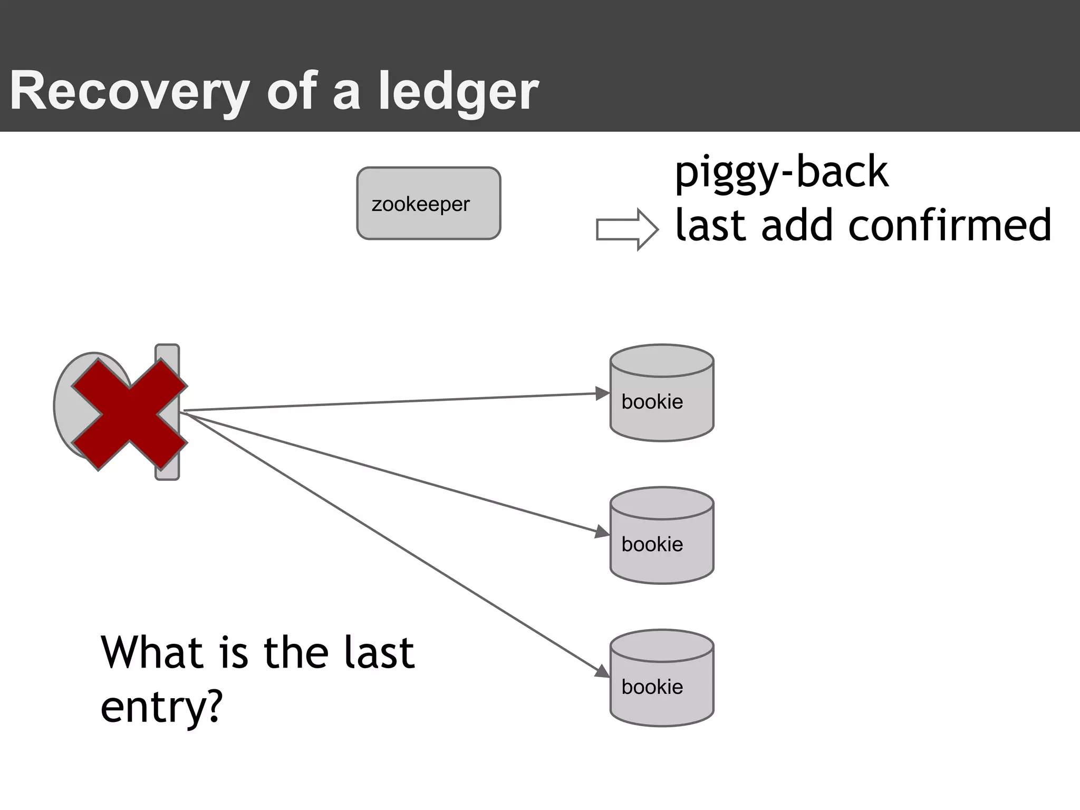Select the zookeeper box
point(428,204)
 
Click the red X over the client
point(129,414)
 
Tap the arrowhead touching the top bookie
point(602,393)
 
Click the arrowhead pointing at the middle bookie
point(602,532)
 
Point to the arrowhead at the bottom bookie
point(602,671)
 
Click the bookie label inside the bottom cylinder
point(652,687)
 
